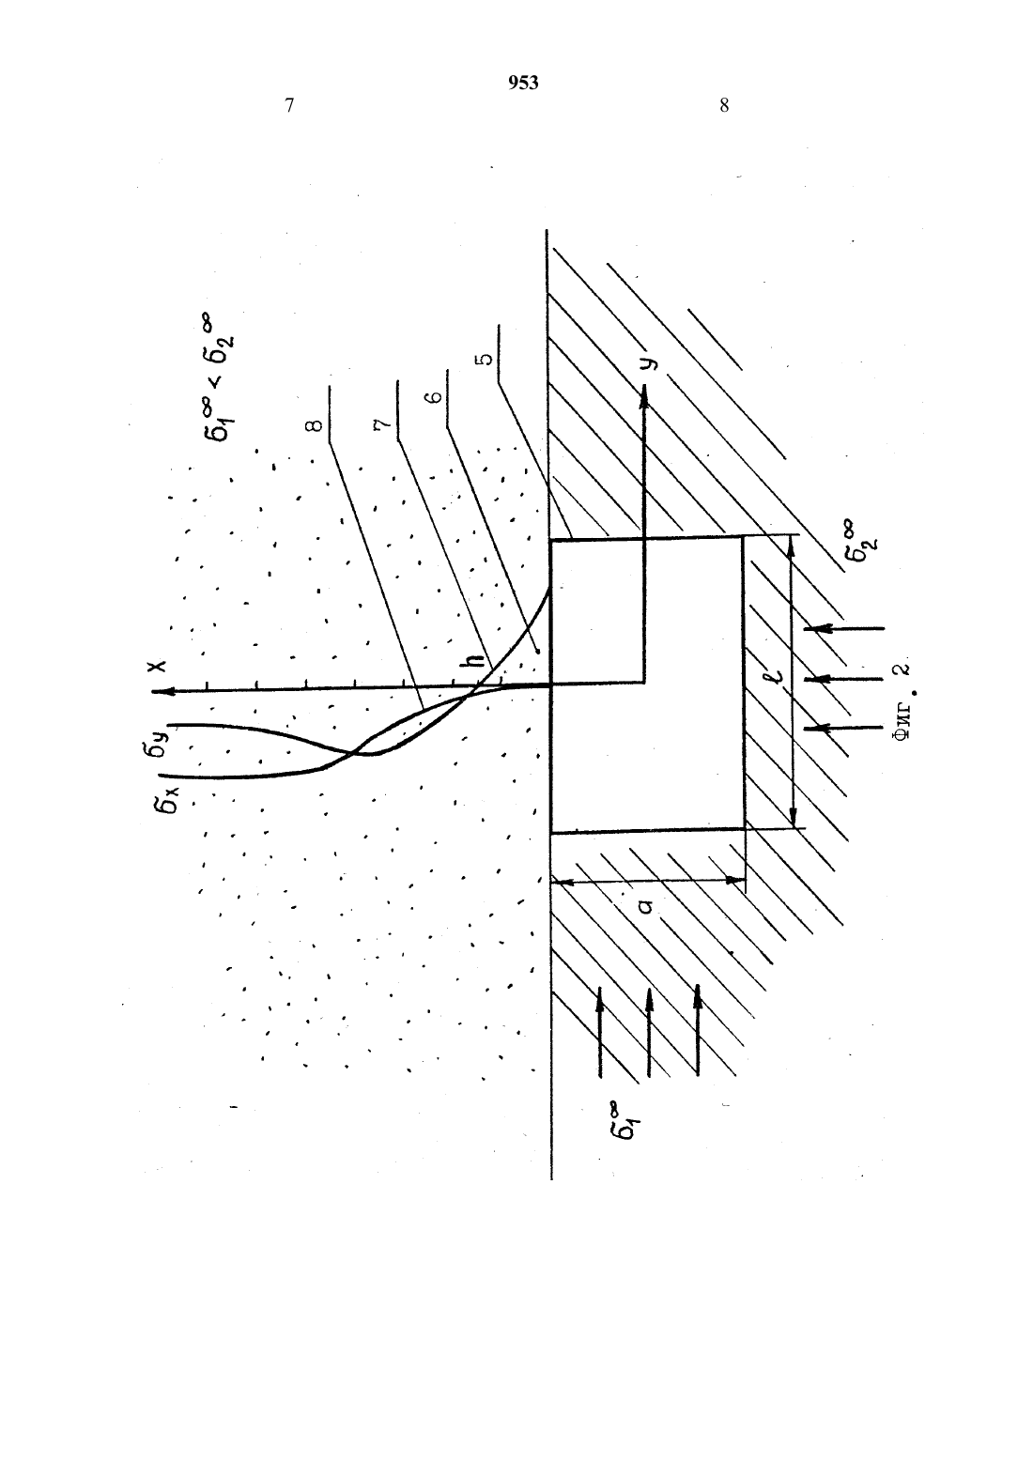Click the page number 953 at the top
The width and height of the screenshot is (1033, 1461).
[523, 83]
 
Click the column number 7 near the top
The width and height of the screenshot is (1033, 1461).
[289, 106]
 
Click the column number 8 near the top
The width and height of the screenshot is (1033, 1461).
[724, 106]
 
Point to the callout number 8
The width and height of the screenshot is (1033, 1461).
[314, 425]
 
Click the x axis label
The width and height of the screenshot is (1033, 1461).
[158, 667]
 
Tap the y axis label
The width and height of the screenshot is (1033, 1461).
[648, 362]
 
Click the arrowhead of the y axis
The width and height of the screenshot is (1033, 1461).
[644, 393]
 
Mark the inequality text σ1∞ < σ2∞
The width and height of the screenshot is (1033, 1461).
[219, 379]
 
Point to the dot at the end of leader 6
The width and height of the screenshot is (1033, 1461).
[536, 651]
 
